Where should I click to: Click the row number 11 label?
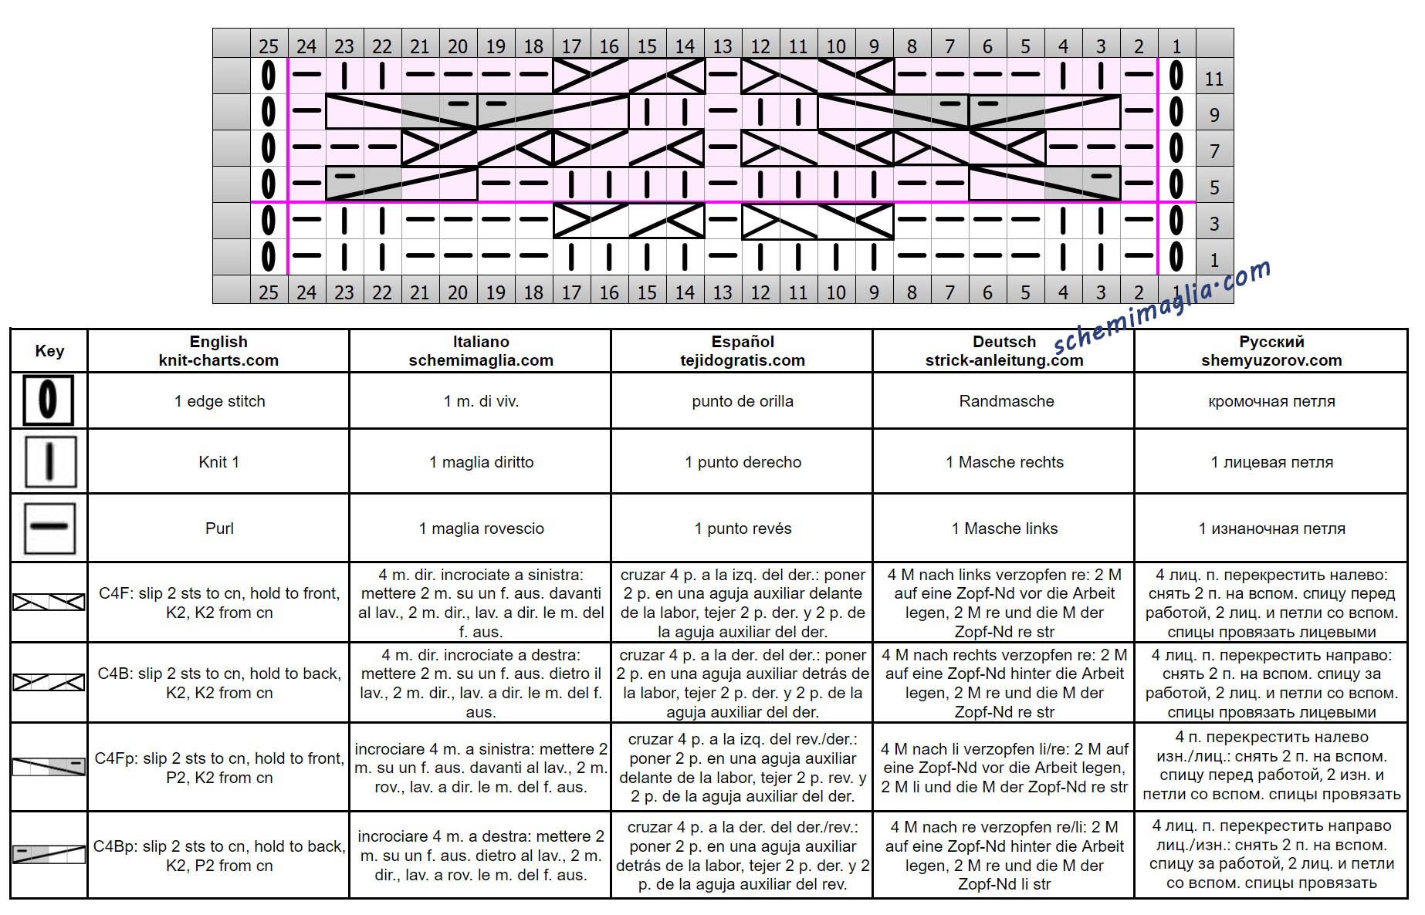[x=1214, y=78]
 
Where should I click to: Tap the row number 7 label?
[x=1214, y=150]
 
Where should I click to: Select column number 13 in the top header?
[x=723, y=46]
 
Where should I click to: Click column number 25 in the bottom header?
[x=269, y=292]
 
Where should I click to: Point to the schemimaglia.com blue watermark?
[x=1162, y=307]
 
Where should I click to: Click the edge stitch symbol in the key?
[x=49, y=400]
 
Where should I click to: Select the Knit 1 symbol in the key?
[x=50, y=461]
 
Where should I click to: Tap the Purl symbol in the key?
[x=49, y=528]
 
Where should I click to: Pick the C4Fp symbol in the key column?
[x=49, y=766]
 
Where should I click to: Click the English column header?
[x=218, y=351]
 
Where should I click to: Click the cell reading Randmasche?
[x=1006, y=401]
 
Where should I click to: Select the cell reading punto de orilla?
[x=743, y=401]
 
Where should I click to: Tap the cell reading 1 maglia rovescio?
[x=482, y=528]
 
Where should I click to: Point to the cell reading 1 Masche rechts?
[x=1004, y=462]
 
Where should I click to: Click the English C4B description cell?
[x=219, y=683]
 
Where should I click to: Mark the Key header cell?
[x=49, y=351]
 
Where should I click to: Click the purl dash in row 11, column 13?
[x=723, y=75]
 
